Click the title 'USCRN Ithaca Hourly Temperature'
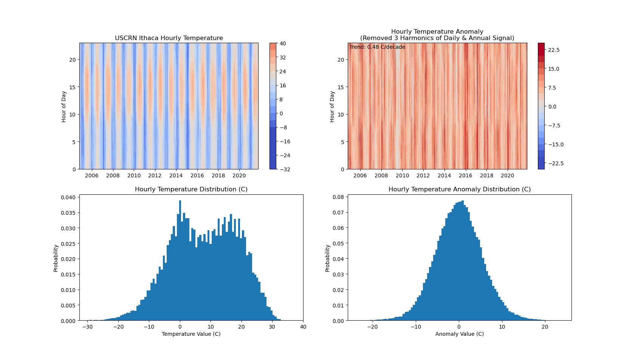(169, 38)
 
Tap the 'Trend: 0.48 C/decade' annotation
(377, 47)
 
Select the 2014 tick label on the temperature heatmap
(176, 175)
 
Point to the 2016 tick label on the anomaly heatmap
(465, 175)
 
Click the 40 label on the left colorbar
(283, 43)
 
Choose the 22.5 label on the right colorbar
(554, 50)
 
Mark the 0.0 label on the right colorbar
(552, 107)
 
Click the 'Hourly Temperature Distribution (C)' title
(191, 189)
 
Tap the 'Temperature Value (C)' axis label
(191, 334)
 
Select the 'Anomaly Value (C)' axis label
(460, 334)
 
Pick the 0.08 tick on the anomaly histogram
(339, 197)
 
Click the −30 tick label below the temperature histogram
(87, 327)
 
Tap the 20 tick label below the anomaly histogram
(545, 327)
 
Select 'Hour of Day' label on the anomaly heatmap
(332, 106)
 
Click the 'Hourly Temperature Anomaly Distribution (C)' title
(460, 189)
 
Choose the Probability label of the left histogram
(56, 258)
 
